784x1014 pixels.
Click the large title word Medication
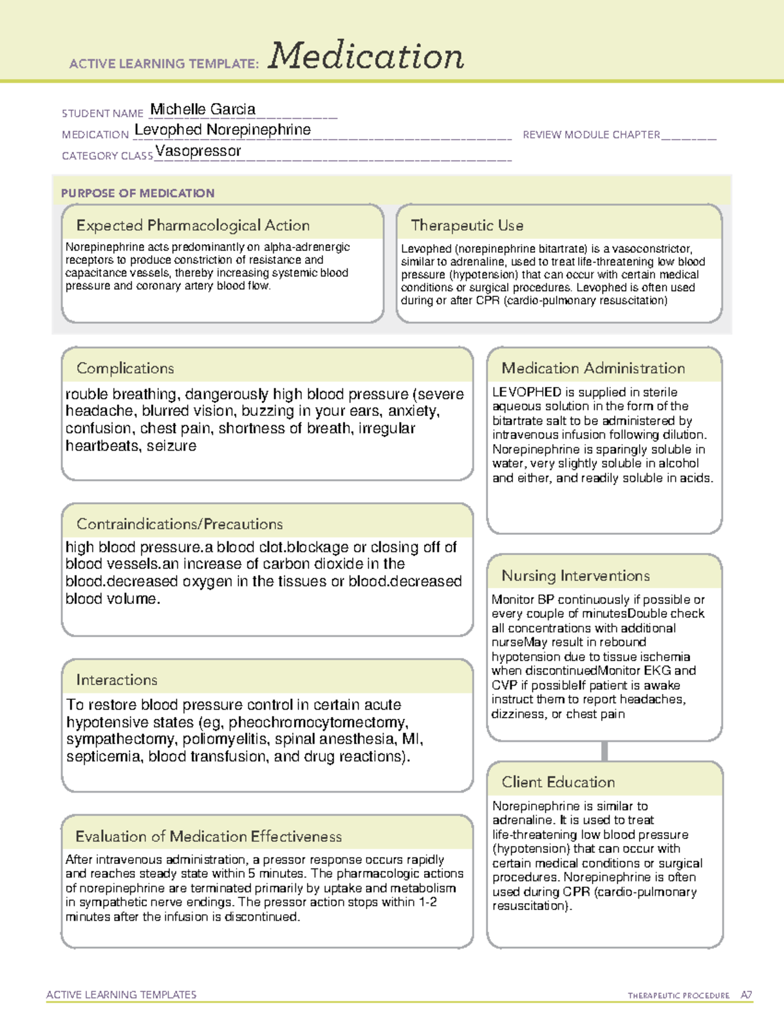[366, 56]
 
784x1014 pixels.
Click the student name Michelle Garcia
[203, 109]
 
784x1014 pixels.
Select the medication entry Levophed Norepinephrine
[223, 130]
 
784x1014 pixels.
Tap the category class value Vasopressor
[198, 151]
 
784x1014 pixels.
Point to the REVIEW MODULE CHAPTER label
[591, 135]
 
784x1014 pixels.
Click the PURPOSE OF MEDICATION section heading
[138, 193]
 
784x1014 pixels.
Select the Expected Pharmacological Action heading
[193, 225]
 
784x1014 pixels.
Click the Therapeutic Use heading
[466, 225]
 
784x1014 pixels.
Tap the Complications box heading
[125, 368]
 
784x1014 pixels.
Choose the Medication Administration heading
[593, 368]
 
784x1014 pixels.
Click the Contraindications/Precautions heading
[179, 524]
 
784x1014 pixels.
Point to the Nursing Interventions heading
[575, 575]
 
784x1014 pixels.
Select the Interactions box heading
[116, 680]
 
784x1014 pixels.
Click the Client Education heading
[558, 782]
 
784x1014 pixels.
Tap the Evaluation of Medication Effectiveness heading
[208, 836]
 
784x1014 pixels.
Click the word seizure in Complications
[171, 446]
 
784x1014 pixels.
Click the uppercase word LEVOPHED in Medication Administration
[527, 392]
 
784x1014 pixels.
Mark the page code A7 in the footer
[745, 995]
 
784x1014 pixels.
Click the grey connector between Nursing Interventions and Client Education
[604, 751]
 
